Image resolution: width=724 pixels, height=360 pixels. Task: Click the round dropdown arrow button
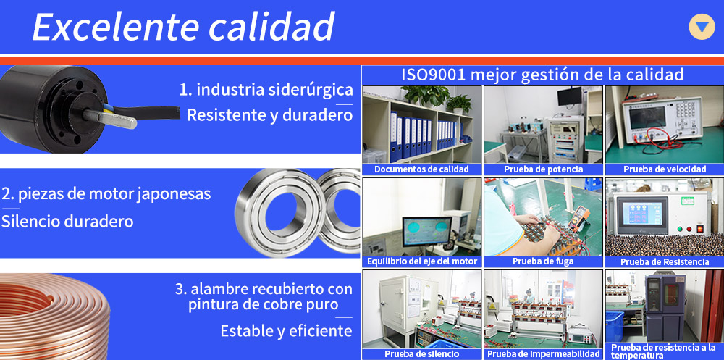702,27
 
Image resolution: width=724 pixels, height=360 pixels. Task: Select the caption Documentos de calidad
421,169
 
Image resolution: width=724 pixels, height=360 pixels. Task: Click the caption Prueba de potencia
543,169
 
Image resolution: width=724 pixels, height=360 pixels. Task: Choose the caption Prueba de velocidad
665,169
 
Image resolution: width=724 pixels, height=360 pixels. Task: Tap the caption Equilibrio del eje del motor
422,261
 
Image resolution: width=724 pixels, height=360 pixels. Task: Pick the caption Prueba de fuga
543,261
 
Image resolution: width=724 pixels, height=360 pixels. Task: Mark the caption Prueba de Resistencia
665,261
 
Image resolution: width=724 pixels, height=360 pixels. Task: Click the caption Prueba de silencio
421,354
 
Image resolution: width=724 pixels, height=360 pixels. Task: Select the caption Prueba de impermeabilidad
543,354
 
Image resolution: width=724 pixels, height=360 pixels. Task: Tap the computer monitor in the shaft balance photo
426,232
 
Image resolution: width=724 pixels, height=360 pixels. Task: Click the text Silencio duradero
67,222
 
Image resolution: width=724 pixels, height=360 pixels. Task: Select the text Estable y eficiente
286,331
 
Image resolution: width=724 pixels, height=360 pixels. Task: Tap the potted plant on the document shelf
425,95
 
